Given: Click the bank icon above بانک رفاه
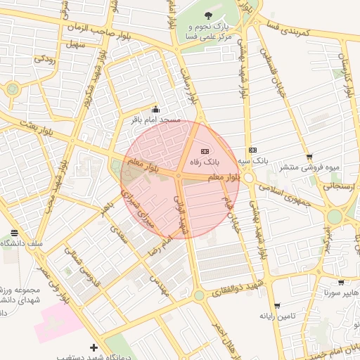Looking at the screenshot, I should pyautogui.click(x=205, y=150).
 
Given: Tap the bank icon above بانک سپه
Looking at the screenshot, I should pyautogui.click(x=252, y=150).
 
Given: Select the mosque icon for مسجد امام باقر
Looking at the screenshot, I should pyautogui.click(x=155, y=110).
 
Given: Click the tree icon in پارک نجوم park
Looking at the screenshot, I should pyautogui.click(x=207, y=15).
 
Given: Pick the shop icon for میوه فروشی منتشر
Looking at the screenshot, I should pyautogui.click(x=309, y=157).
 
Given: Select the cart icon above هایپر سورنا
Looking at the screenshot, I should pyautogui.click(x=341, y=282).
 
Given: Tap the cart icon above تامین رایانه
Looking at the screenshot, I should pyautogui.click(x=277, y=306).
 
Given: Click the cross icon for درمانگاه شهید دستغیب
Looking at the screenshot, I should pyautogui.click(x=94, y=347).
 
